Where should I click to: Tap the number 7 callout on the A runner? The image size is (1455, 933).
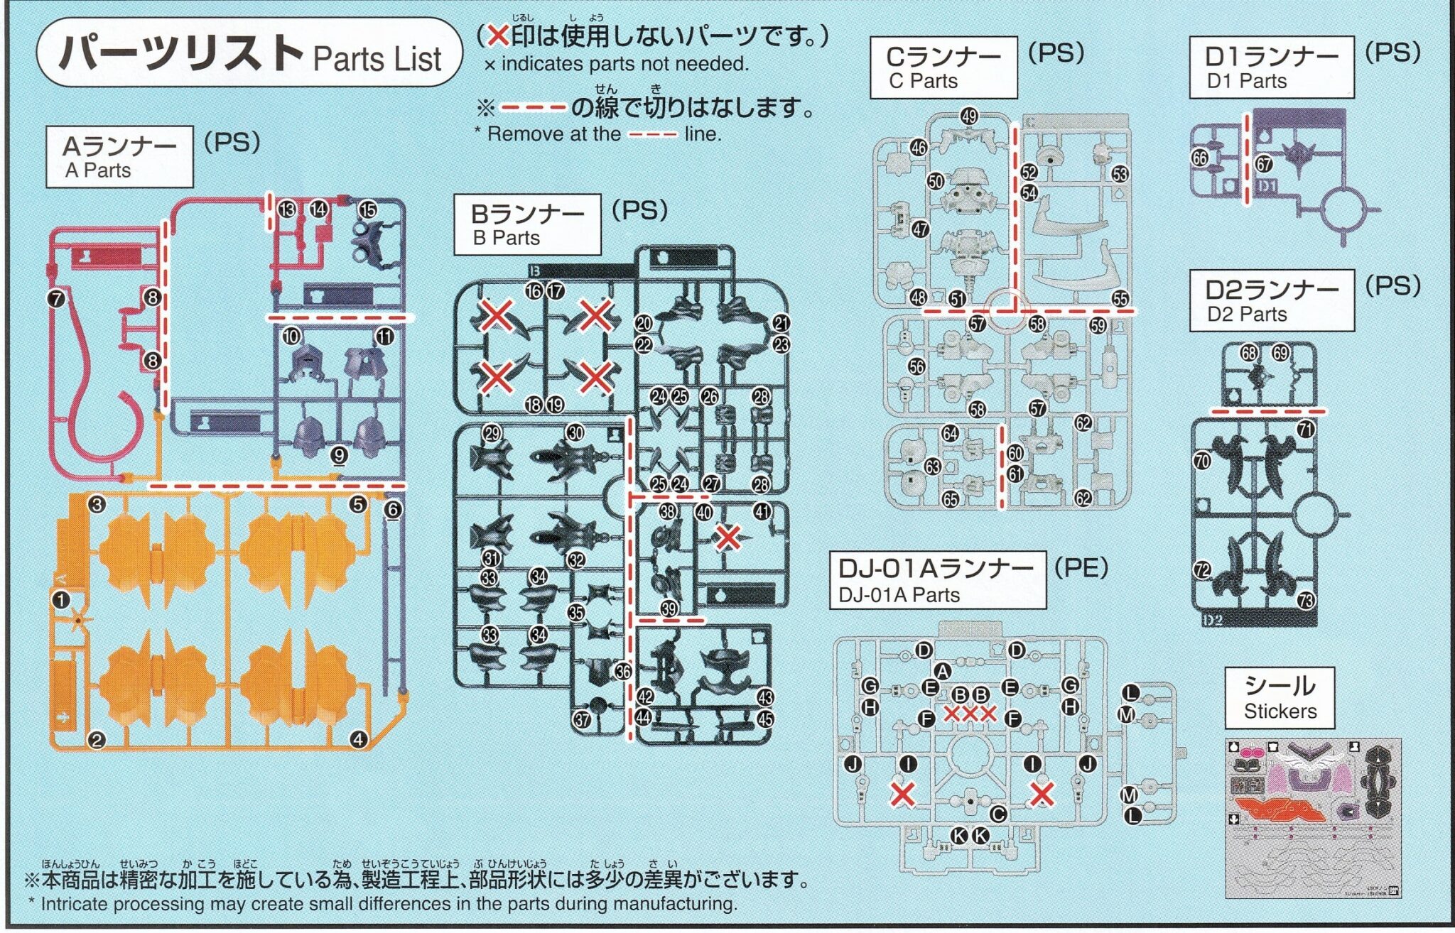coord(56,298)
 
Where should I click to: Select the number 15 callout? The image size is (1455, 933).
coord(367,210)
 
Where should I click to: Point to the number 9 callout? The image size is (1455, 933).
coord(339,455)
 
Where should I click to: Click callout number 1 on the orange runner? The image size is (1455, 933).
coord(61,601)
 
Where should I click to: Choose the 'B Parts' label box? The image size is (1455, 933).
coord(527,224)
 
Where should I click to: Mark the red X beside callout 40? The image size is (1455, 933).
coord(727,538)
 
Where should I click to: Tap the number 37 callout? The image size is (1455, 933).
coord(582,719)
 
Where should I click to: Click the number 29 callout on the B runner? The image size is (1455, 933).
coord(492,433)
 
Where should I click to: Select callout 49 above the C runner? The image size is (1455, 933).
coord(969,116)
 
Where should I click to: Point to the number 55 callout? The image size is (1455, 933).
coord(1120,299)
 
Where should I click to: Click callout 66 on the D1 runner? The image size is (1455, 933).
coord(1200,158)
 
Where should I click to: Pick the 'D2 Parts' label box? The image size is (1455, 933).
coord(1272,300)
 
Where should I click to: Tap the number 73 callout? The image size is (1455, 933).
coord(1306,601)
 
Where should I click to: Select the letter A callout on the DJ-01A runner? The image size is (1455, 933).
coord(942,671)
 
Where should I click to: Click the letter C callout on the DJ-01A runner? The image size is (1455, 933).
coord(998,814)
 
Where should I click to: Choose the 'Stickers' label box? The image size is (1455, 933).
coord(1280,698)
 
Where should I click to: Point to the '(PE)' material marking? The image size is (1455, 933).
coord(1081,568)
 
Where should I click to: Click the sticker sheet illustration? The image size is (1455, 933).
coord(1313,818)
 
